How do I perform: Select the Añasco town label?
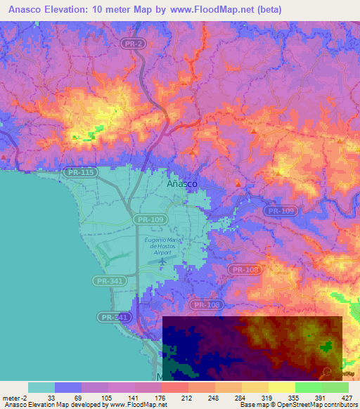tap(182, 183)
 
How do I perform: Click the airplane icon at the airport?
tap(163, 261)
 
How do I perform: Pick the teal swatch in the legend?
tap(41, 387)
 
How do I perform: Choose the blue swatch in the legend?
tap(67, 387)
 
